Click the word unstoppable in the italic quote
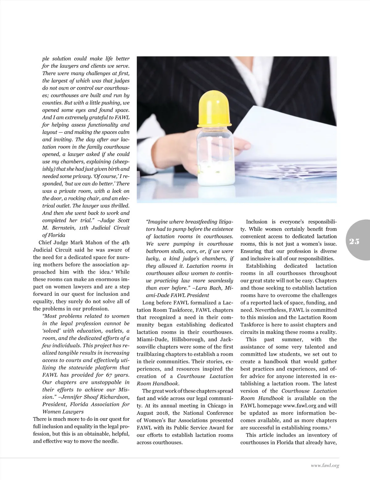pos(97,382)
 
